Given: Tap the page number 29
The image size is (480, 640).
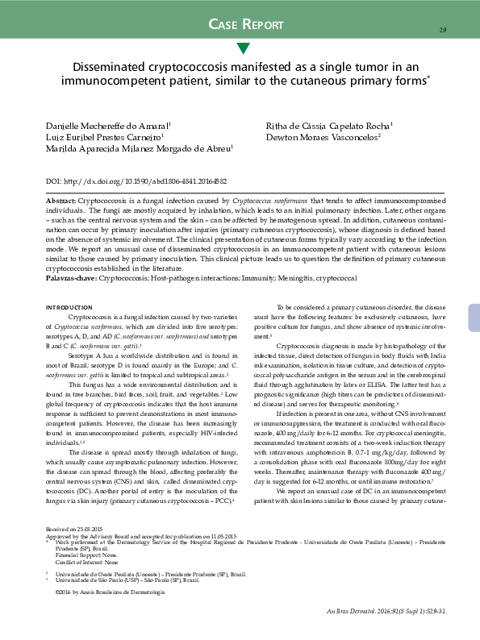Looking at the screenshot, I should pos(443,31).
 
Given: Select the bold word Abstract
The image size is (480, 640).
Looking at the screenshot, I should pos(61,200).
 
